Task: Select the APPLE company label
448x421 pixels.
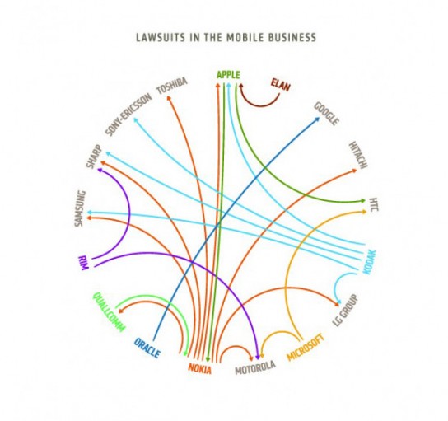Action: pyautogui.click(x=228, y=75)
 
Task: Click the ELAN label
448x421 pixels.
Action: pyautogui.click(x=280, y=85)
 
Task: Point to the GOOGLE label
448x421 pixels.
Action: pyautogui.click(x=327, y=114)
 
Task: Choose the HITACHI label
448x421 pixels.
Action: pyautogui.click(x=358, y=155)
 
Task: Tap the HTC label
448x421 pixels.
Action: pyautogui.click(x=374, y=204)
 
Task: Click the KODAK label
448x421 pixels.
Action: pyautogui.click(x=370, y=262)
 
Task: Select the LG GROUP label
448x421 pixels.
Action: pyautogui.click(x=345, y=310)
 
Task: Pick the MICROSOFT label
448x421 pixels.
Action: pyautogui.click(x=306, y=347)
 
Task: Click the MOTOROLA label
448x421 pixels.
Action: pyautogui.click(x=255, y=367)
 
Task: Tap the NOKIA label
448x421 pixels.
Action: pyautogui.click(x=200, y=369)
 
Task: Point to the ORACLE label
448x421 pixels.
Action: pyautogui.click(x=147, y=348)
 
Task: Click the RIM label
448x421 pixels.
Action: pyautogui.click(x=83, y=263)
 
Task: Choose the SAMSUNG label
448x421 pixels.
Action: pyautogui.click(x=80, y=208)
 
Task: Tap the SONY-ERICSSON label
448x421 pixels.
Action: pyautogui.click(x=128, y=115)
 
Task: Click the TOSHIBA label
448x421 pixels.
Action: pyautogui.click(x=172, y=86)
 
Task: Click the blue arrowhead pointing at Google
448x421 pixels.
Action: pyautogui.click(x=316, y=119)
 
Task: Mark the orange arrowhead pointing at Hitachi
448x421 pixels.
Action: pyautogui.click(x=354, y=171)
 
